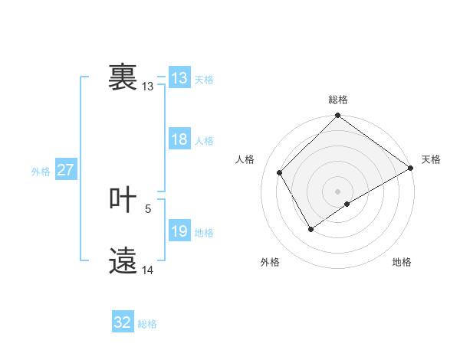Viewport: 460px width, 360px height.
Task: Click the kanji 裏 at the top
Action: (123, 77)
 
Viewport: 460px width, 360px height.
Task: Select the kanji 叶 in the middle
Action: (123, 201)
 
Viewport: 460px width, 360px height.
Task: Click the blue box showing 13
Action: (179, 78)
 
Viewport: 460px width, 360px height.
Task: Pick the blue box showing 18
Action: (179, 139)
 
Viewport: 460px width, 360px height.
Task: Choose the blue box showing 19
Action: (179, 231)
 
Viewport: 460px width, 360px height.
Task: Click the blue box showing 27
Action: (65, 170)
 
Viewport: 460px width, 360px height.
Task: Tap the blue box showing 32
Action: (123, 322)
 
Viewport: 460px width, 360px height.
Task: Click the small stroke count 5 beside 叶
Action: (148, 208)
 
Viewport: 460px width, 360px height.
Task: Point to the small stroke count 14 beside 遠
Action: (148, 270)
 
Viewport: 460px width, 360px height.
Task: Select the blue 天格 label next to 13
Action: (204, 80)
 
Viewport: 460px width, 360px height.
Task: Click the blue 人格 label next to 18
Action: (204, 141)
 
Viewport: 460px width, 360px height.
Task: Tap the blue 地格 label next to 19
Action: (204, 233)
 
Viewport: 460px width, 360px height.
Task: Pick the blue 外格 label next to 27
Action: (41, 172)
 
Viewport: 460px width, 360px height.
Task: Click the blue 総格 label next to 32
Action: (147, 324)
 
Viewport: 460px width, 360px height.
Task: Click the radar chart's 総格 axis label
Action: (338, 100)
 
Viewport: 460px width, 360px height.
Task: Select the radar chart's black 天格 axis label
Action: (431, 159)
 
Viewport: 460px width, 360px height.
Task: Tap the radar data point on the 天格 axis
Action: (410, 168)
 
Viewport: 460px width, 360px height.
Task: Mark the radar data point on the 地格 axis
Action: (347, 204)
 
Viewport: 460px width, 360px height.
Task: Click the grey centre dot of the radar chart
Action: (337, 191)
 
